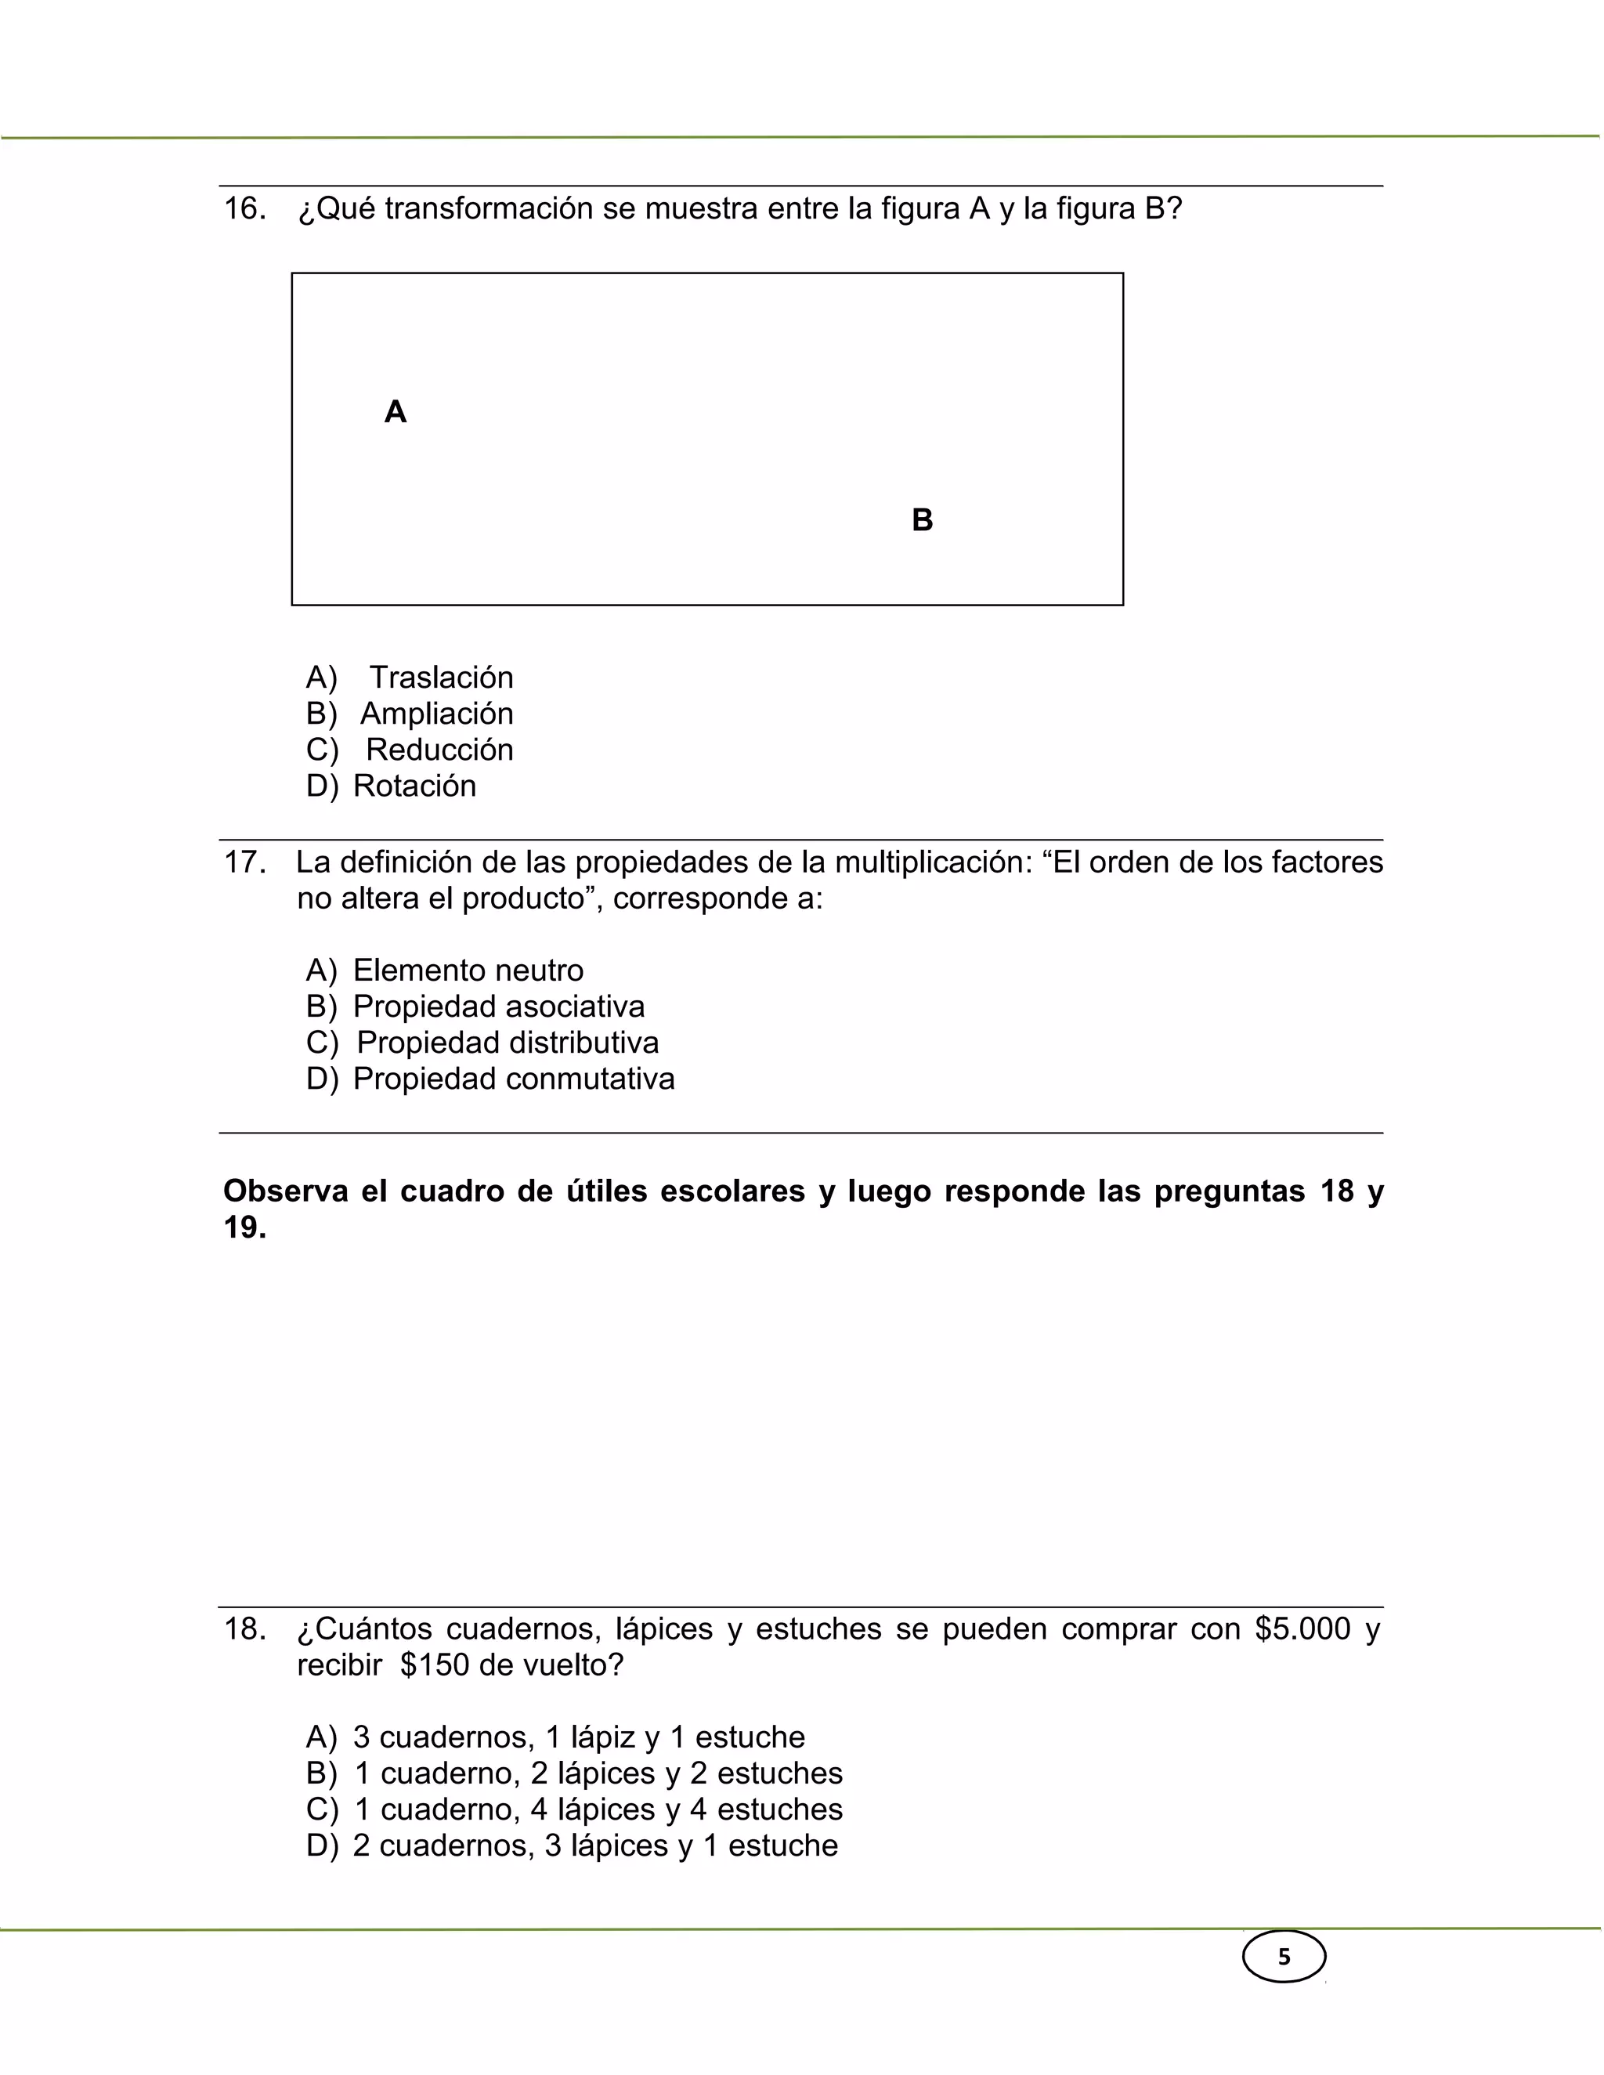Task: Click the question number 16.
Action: (244, 209)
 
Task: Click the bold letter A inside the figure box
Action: (396, 412)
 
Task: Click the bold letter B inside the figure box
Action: (922, 521)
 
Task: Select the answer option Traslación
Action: (441, 678)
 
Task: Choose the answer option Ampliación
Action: (436, 714)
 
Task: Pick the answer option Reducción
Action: (439, 750)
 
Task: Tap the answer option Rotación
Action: (414, 786)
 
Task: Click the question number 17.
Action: (244, 862)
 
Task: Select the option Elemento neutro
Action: (468, 970)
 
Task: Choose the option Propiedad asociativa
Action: (498, 1006)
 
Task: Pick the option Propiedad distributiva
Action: (508, 1043)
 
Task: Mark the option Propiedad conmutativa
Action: (513, 1079)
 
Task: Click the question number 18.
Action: (244, 1629)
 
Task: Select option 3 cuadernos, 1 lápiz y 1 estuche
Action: (579, 1737)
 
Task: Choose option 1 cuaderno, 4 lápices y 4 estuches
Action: (598, 1809)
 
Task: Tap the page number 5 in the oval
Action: (1284, 1958)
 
